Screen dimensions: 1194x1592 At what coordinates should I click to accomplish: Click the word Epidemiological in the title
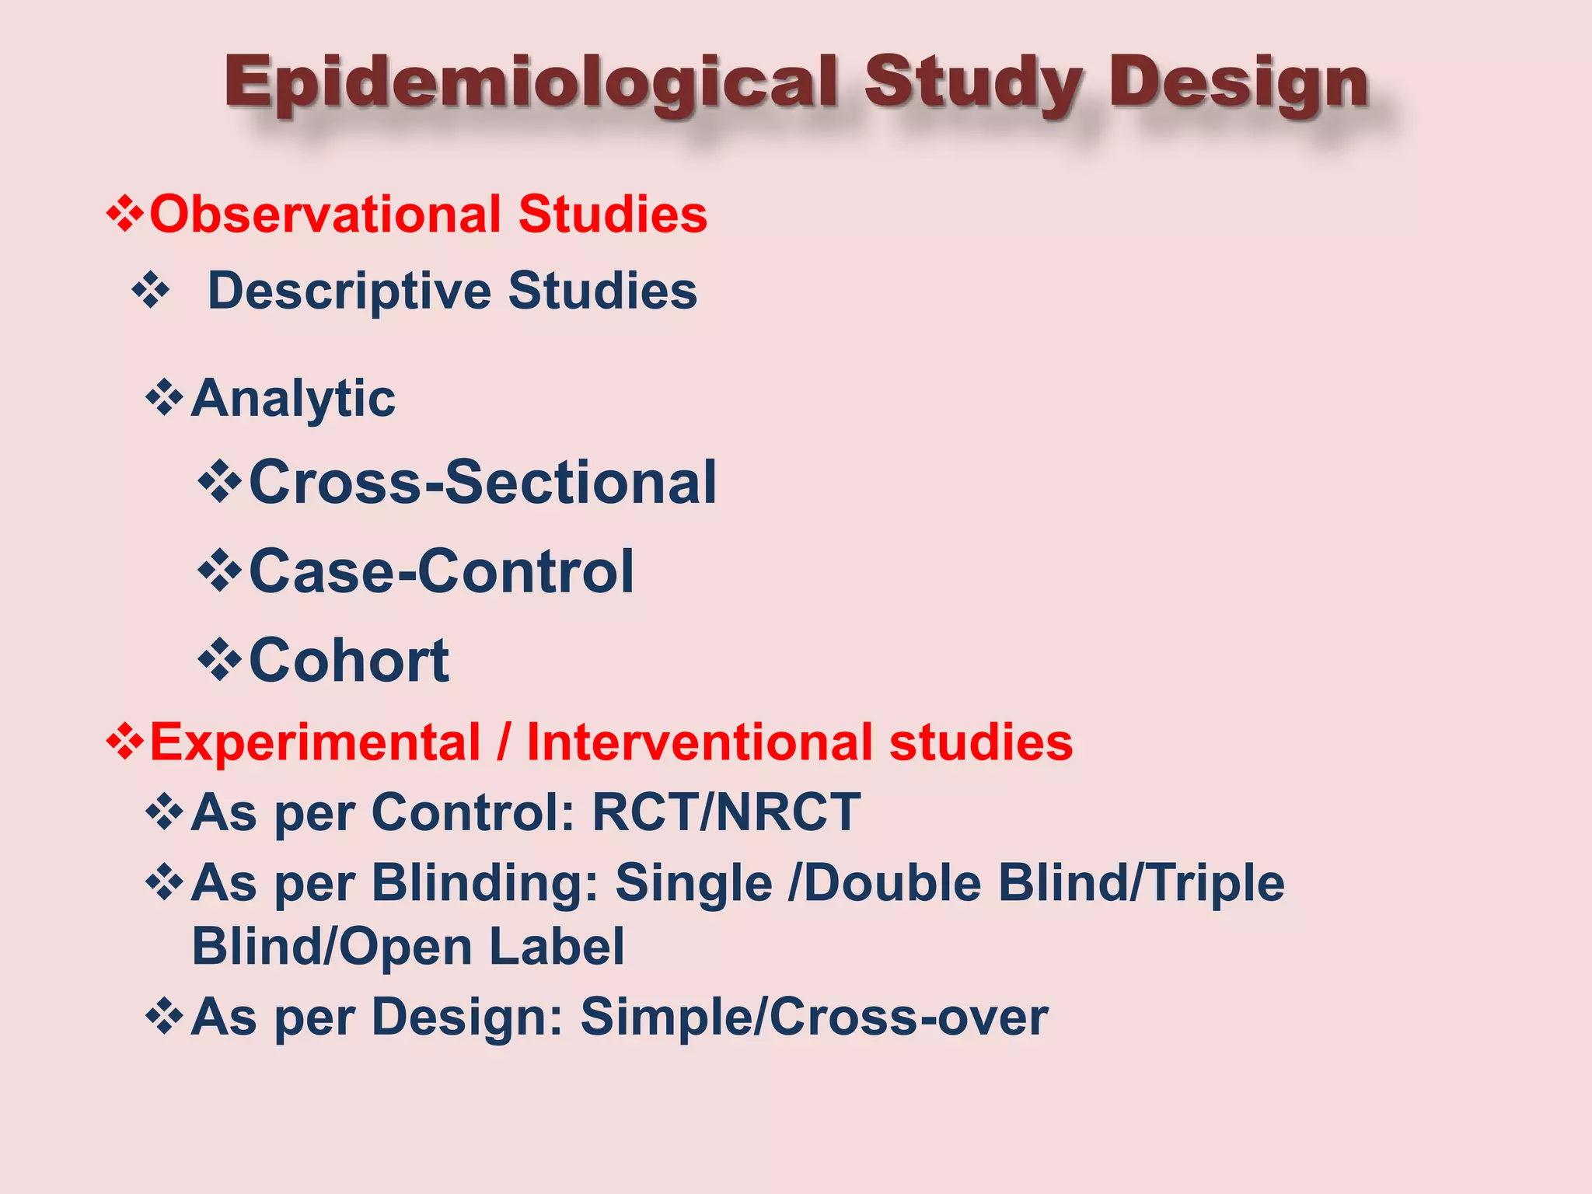tap(531, 84)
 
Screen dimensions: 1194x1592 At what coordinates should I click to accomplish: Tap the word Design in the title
tap(1238, 84)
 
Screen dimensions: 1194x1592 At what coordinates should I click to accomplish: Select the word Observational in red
tap(325, 215)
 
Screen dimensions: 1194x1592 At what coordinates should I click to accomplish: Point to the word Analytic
tap(293, 399)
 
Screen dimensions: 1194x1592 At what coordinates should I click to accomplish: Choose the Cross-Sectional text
tap(483, 483)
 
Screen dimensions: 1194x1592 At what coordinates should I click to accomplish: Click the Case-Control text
tap(442, 571)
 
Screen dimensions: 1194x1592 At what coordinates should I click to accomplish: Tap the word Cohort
tap(349, 661)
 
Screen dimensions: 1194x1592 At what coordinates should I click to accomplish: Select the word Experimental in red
tap(315, 742)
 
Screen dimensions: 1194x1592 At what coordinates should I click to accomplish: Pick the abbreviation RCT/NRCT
tap(726, 813)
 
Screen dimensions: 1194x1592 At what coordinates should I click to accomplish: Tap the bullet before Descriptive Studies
tap(151, 292)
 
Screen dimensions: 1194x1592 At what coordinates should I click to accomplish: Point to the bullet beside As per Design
tap(164, 1017)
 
